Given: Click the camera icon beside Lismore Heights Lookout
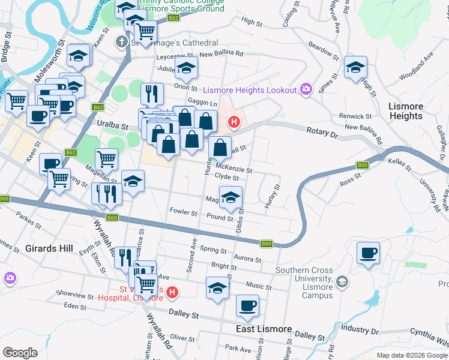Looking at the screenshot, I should tap(306, 89).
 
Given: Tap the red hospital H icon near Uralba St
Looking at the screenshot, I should tap(234, 123).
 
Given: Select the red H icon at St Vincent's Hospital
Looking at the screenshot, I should tap(172, 293).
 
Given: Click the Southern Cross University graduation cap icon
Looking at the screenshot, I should tap(342, 281).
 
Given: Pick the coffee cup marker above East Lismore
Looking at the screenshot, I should tap(247, 306).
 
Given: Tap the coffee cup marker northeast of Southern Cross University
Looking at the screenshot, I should tap(368, 253).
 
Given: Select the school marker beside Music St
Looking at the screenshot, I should tap(217, 287).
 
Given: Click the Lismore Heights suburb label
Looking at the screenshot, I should tap(406, 111).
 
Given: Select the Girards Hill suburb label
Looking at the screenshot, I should tap(49, 248).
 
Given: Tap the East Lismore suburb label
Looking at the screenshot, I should tap(264, 329).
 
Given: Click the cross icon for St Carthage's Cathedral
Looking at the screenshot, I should tap(122, 42).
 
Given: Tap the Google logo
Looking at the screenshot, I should tap(20, 352).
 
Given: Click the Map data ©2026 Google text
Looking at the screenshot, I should tap(411, 355).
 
